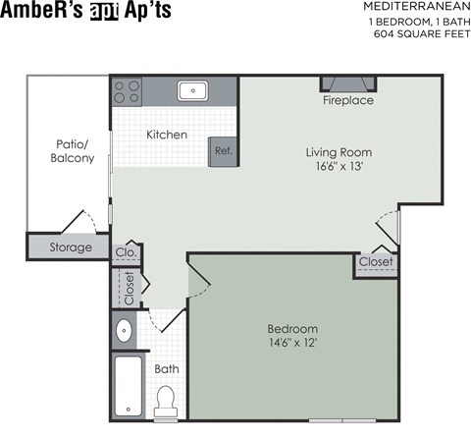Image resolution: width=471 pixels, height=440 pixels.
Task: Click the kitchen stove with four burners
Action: click(x=127, y=91)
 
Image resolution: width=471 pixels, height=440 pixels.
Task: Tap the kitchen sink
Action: click(x=192, y=91)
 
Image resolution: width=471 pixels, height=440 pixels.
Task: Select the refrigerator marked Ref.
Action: click(x=223, y=150)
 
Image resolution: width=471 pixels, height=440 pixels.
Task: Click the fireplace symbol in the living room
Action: click(x=348, y=84)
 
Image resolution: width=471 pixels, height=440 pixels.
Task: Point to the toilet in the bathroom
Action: click(x=165, y=400)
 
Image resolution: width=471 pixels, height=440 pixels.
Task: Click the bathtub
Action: click(x=127, y=386)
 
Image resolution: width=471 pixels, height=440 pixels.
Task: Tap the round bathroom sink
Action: click(x=125, y=330)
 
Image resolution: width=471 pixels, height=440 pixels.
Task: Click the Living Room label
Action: click(x=339, y=152)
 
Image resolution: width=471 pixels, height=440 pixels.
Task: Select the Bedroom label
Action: click(x=292, y=328)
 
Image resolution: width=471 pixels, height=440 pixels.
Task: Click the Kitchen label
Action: click(x=167, y=135)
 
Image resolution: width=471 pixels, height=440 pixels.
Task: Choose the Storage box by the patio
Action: click(x=71, y=247)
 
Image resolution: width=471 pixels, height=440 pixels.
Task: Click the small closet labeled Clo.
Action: click(x=126, y=252)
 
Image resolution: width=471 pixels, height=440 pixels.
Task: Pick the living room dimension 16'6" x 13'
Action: click(x=339, y=168)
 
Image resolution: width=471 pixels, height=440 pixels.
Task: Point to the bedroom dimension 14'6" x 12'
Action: click(x=292, y=343)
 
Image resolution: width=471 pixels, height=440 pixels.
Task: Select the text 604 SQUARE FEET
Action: click(x=416, y=34)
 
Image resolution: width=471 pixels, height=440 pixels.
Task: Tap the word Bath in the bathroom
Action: click(x=166, y=369)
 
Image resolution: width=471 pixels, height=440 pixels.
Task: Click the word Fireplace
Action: click(x=348, y=101)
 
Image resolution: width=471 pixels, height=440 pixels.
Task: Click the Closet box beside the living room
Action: click(x=376, y=262)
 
